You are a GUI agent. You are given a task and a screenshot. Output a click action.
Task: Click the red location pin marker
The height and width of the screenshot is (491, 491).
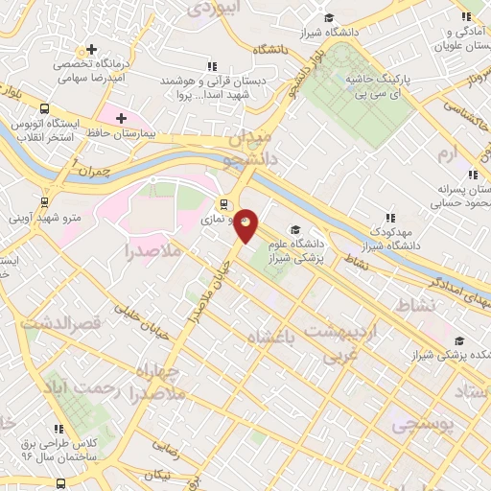(246, 224)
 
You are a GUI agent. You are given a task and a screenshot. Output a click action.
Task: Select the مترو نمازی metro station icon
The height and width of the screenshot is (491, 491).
(223, 203)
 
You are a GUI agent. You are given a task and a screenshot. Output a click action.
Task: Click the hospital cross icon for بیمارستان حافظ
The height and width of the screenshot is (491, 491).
(121, 118)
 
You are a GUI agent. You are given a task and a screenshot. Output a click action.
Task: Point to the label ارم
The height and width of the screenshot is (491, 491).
(448, 153)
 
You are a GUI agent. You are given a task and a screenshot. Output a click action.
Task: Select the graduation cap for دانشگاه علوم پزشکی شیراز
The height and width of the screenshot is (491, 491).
(295, 229)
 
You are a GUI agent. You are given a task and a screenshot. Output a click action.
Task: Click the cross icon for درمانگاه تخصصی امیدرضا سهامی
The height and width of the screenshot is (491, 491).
(91, 49)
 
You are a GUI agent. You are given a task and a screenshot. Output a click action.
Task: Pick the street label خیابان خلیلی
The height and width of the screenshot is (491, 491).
(142, 318)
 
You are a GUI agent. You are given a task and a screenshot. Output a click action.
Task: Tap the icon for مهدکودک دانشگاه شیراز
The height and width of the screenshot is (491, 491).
(388, 218)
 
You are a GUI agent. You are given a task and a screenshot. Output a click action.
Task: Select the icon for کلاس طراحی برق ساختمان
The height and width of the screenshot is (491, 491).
(58, 429)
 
